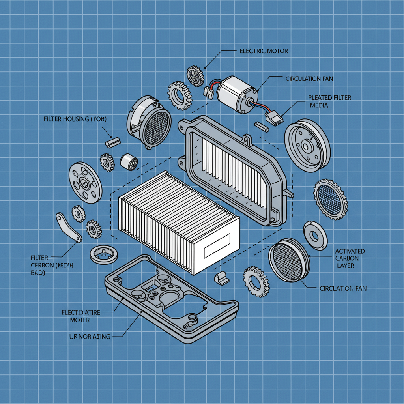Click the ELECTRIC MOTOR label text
tap(264, 51)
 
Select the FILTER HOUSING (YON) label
tap(75, 118)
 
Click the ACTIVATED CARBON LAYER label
tap(350, 258)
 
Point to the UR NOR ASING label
tap(90, 336)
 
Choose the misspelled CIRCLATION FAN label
tap(343, 288)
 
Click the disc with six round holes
tap(85, 182)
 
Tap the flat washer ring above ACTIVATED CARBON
tap(315, 236)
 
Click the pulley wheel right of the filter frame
tap(307, 145)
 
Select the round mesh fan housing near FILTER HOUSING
tap(149, 122)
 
